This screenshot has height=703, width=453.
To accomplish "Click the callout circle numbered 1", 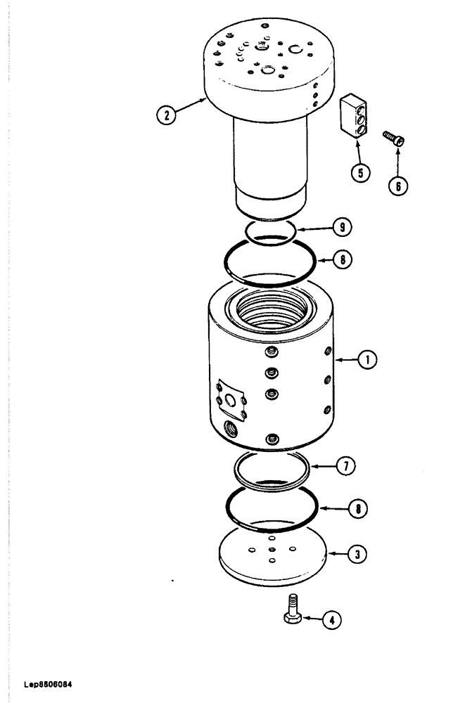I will (366, 360).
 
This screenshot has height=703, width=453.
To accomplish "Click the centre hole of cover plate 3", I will (272, 550).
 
